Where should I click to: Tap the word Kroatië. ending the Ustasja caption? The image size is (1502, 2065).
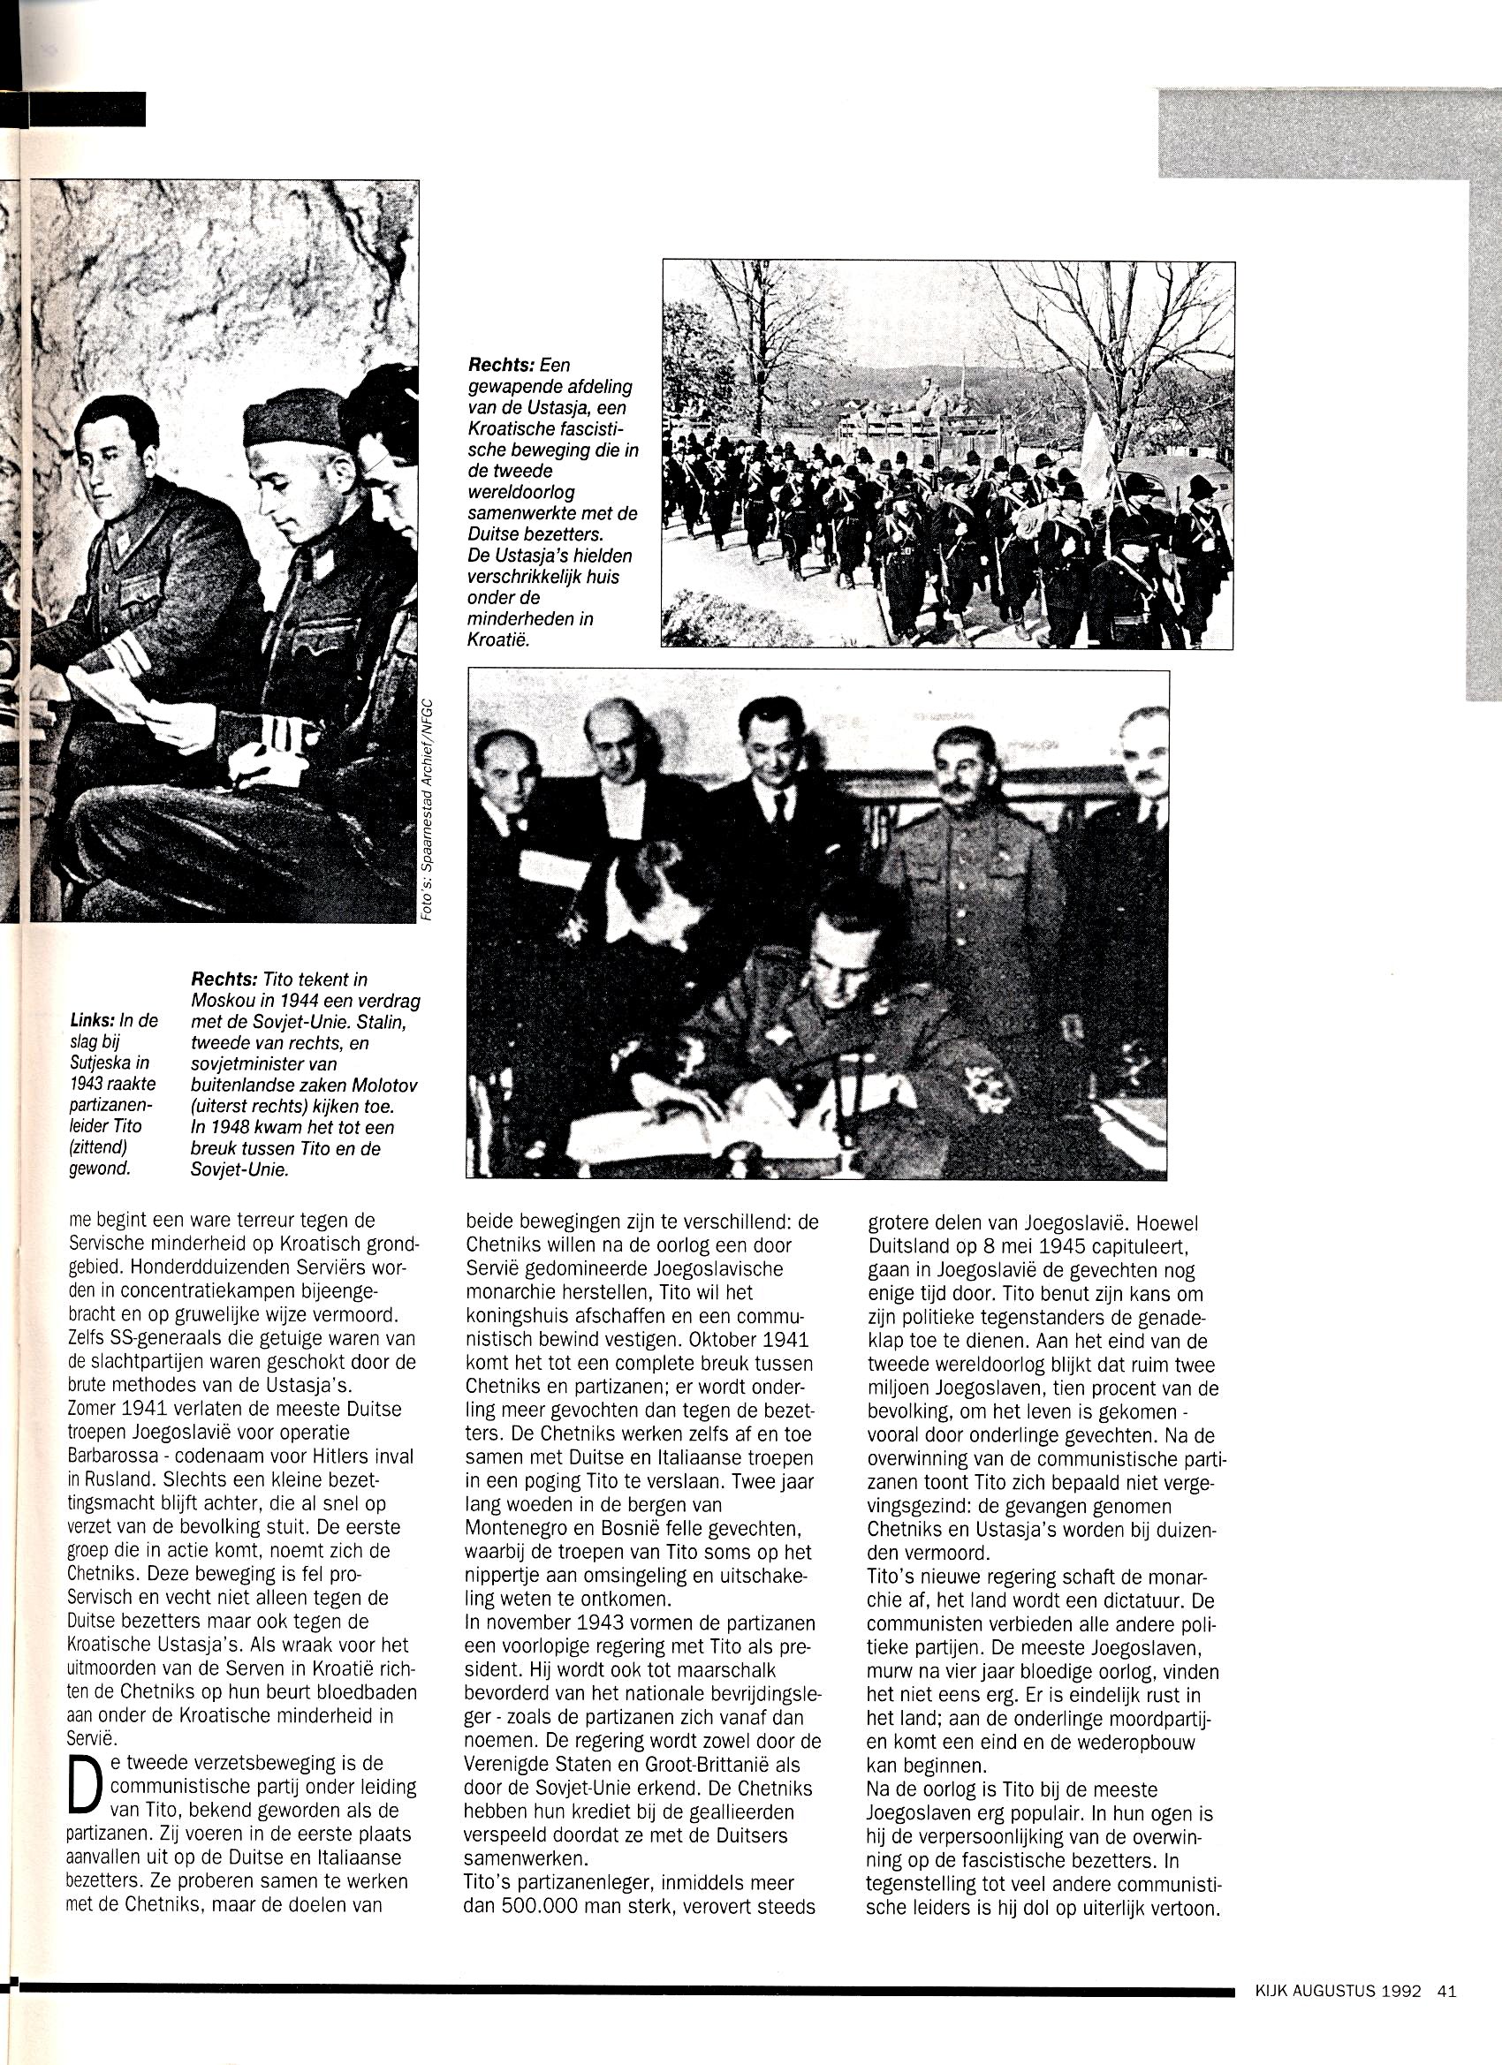[x=497, y=640]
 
